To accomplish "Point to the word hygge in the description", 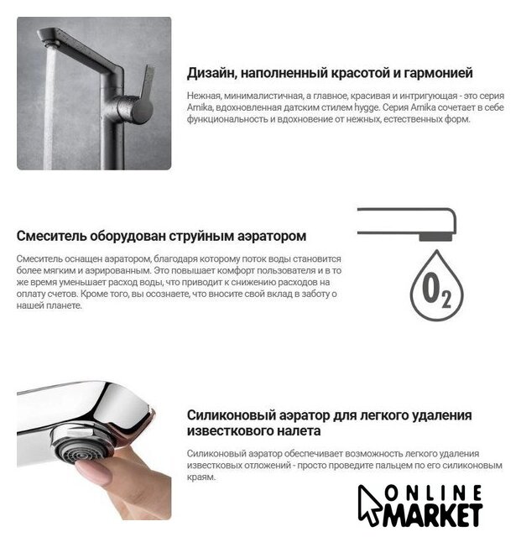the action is point(367,108).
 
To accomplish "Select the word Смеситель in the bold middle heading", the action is point(51,236).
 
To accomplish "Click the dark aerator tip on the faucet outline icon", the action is point(435,237).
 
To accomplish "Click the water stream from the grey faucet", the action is point(49,107).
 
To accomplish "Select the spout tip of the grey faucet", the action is point(48,39).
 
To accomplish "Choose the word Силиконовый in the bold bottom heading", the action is point(232,415).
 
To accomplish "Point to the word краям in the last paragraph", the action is point(201,477).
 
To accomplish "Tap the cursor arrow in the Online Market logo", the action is point(368,505).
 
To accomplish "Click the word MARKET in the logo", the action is point(433,514).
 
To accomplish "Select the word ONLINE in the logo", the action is point(433,493).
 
